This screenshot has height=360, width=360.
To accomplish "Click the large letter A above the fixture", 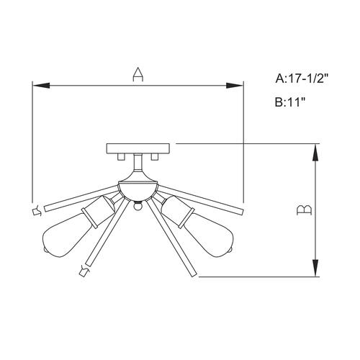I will [138, 74].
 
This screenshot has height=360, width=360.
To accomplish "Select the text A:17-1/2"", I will [305, 78].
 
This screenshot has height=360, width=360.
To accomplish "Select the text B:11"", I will [291, 102].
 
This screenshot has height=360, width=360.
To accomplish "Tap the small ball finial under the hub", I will [137, 206].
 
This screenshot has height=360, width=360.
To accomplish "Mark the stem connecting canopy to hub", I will [137, 171].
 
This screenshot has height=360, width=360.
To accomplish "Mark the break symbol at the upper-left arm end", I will [36, 210].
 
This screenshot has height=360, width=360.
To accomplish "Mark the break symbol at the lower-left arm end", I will [83, 272].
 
